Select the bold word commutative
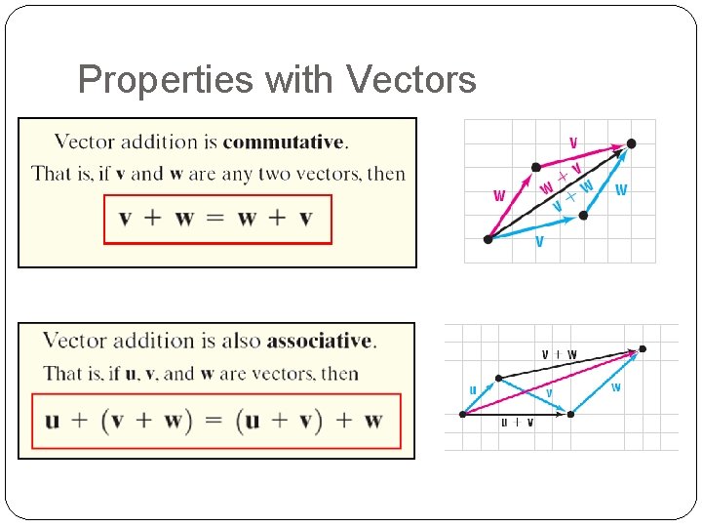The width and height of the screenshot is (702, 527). pos(283,142)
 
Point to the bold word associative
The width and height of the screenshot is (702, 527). pos(319,341)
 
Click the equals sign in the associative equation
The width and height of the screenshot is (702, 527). pos(214,421)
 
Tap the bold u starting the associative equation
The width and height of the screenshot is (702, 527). pos(53,421)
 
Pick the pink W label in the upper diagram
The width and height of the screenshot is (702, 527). pos(499,195)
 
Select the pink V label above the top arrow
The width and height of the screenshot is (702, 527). pos(573,143)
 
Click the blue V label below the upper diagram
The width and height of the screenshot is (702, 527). pos(539,241)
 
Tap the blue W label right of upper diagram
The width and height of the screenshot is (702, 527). pos(621,189)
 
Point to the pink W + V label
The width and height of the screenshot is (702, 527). pos(562,177)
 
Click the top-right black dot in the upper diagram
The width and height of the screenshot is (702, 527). pos(631,143)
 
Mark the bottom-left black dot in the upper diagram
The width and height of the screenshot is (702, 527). pos(487,238)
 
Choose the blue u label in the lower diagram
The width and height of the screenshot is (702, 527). pos(473,390)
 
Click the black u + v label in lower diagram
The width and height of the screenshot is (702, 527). pos(517,423)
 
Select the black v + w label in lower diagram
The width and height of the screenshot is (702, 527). pos(559,354)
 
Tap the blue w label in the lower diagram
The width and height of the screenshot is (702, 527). pos(615,387)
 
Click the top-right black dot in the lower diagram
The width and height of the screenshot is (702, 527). pos(642,348)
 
